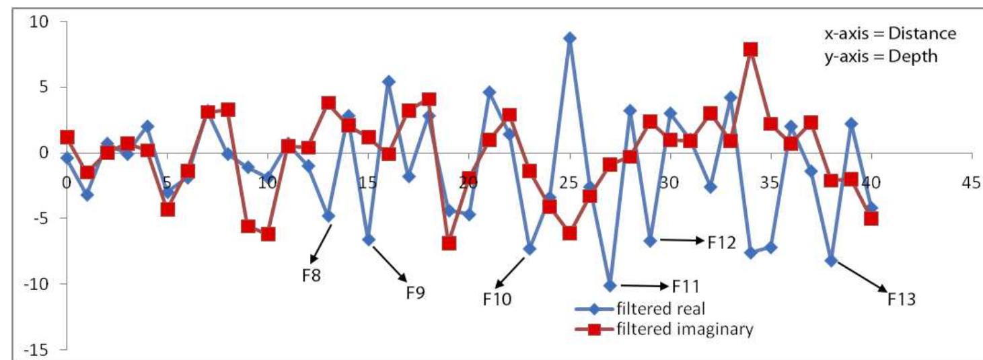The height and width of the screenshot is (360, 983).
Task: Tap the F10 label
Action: pos(497,297)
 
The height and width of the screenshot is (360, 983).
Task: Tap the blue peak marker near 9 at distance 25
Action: pos(569,38)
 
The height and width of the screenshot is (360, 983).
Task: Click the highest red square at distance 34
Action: pos(750,49)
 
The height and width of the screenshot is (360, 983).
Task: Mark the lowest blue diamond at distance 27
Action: pos(610,285)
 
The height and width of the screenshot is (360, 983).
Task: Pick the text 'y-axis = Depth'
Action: pos(875,57)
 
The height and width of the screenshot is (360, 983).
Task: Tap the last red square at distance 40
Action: pos(871,218)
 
